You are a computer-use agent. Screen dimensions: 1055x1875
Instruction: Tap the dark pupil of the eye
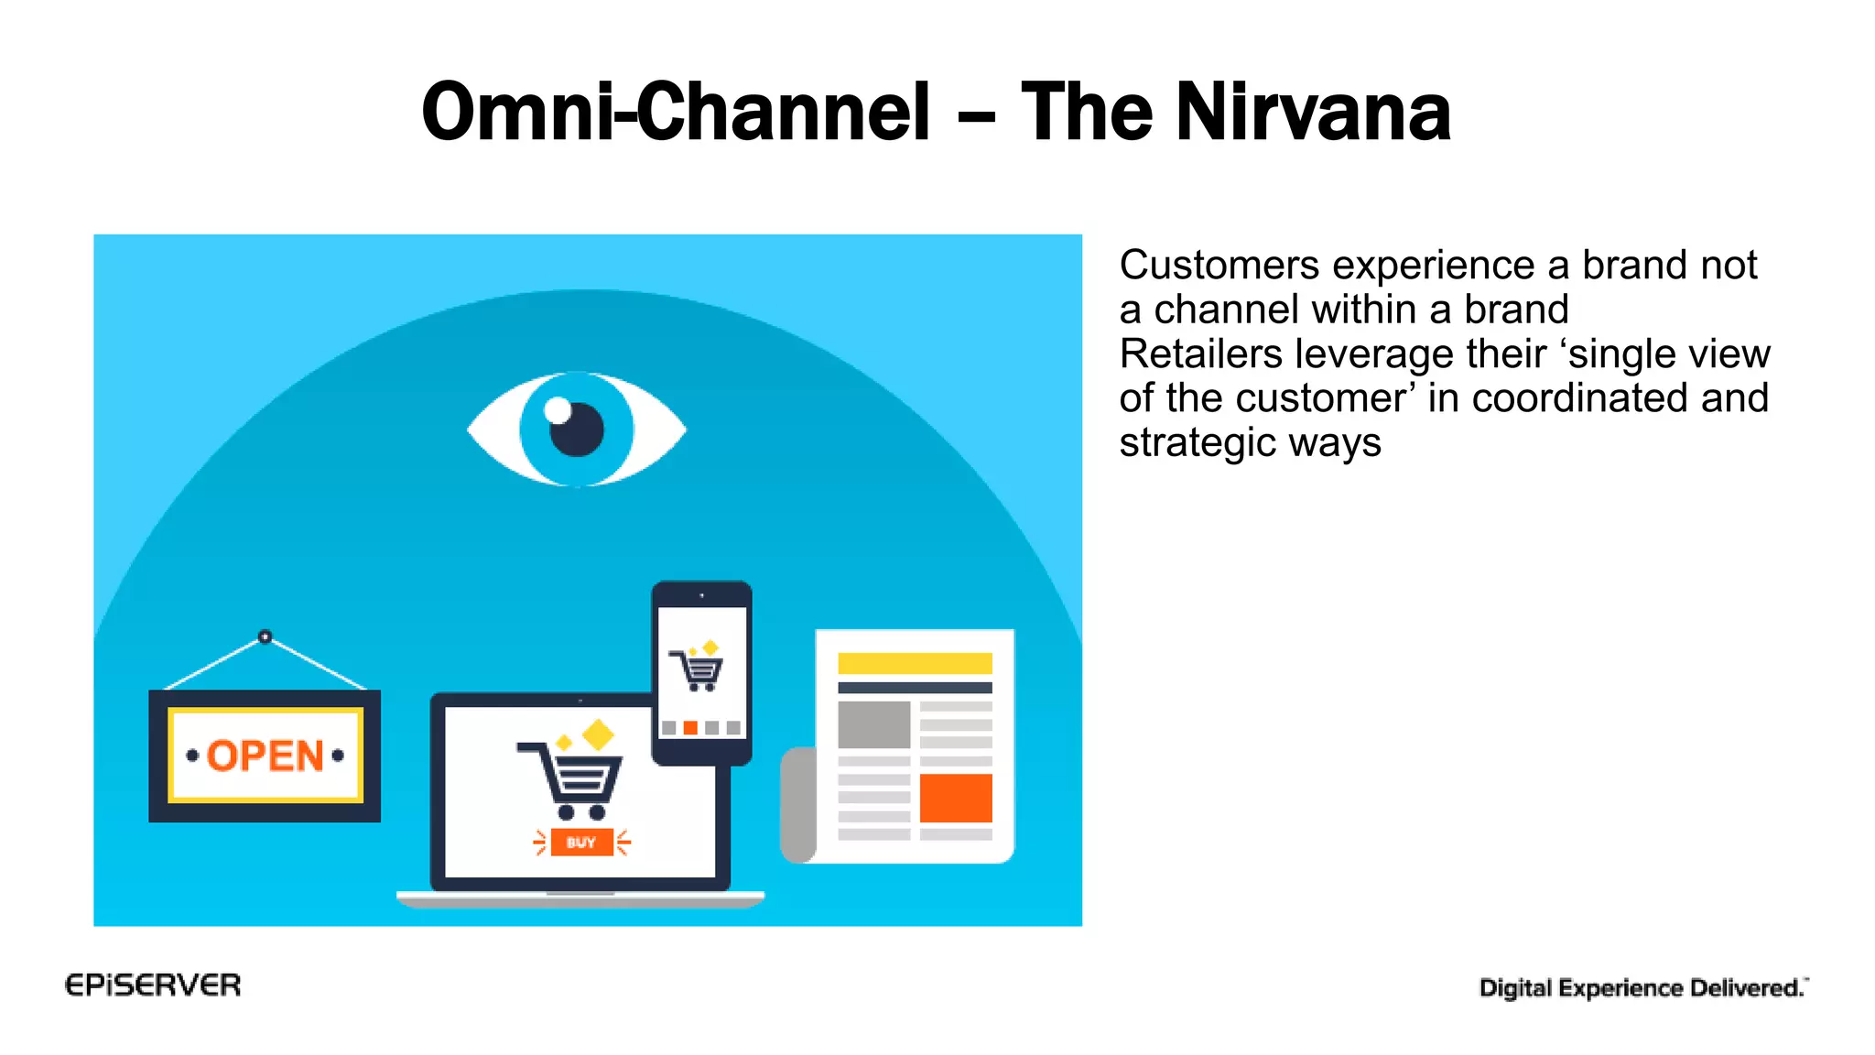(x=577, y=430)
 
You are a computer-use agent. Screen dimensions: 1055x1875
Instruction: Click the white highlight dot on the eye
(x=558, y=410)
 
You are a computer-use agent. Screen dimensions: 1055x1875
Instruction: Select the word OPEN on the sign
(x=265, y=756)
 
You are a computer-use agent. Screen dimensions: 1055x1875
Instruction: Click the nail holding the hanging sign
(x=265, y=636)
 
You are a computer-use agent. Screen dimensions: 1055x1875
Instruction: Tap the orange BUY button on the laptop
(x=581, y=842)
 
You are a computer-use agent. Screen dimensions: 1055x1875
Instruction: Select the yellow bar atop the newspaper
(x=915, y=663)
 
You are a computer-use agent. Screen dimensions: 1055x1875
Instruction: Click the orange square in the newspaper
(x=956, y=798)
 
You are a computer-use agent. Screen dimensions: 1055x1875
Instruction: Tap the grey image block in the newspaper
(x=874, y=724)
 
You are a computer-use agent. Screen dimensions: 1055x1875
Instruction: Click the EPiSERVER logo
(x=153, y=985)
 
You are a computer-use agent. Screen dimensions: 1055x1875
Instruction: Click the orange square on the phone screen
(x=690, y=727)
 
